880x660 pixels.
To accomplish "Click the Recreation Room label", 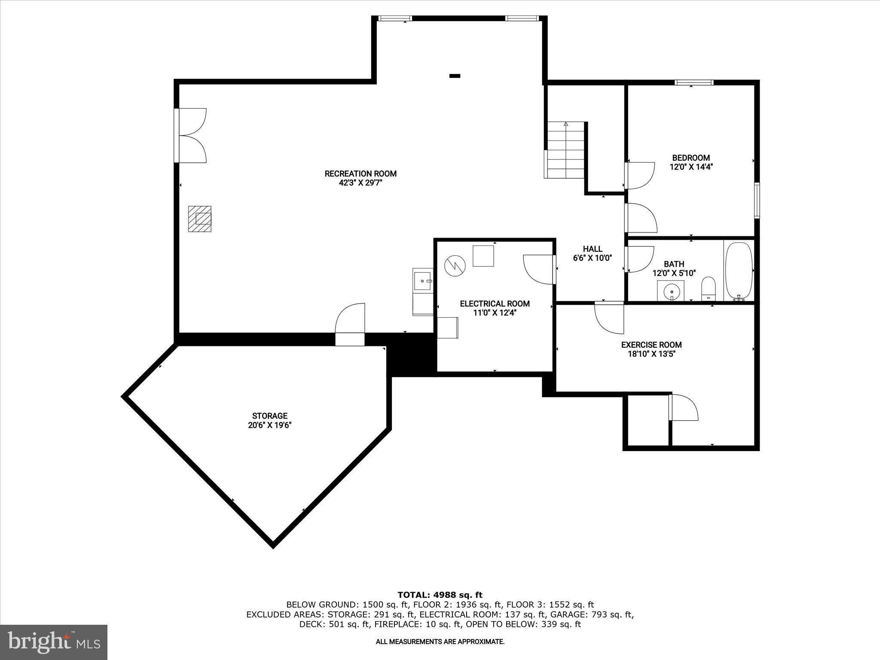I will tap(360, 174).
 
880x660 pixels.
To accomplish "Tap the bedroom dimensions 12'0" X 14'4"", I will tap(691, 167).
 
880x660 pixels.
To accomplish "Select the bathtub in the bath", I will tap(739, 270).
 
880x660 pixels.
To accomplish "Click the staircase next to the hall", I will tap(565, 150).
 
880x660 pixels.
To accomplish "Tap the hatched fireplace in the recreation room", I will tap(200, 219).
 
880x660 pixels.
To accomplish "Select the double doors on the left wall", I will tap(192, 135).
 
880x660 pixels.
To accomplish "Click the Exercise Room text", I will tap(651, 345).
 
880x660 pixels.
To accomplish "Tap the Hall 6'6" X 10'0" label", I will tap(592, 254).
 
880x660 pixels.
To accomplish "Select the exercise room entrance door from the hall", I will tap(609, 318).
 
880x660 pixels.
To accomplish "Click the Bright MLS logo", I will tap(54, 642).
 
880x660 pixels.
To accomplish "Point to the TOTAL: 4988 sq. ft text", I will tap(440, 595).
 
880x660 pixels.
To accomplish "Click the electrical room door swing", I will tap(539, 269).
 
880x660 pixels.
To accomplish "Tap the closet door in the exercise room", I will tap(683, 408).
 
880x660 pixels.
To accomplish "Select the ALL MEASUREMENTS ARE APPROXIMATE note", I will tap(440, 642).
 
